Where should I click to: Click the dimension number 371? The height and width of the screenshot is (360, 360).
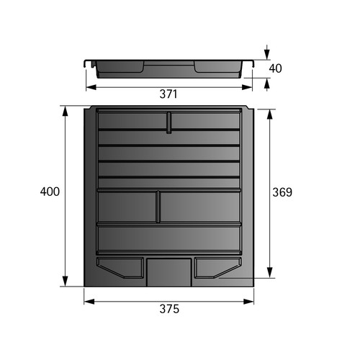coord(168,94)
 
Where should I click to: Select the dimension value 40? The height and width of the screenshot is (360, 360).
coord(275,68)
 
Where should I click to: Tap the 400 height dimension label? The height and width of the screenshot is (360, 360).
coord(50,192)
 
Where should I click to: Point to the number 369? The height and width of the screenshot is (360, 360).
coord(282,192)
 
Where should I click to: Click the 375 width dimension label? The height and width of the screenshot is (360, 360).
coord(169,309)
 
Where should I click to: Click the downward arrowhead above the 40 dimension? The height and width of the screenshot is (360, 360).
coord(267,55)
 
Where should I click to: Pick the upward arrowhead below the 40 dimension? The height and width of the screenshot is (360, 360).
coord(267,83)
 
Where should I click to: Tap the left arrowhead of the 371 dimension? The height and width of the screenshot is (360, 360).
coord(91,87)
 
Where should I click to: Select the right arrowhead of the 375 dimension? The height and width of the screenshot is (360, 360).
coord(248,302)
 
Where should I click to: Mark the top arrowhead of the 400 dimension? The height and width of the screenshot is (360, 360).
coord(65,111)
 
